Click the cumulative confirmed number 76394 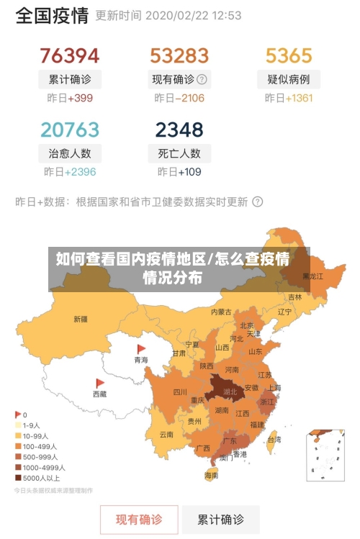(69, 55)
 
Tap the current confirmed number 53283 (179, 55)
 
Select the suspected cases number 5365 (289, 55)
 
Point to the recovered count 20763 (69, 130)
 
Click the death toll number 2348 (179, 130)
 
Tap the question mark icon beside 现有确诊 (202, 79)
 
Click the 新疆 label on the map (80, 319)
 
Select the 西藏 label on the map (99, 394)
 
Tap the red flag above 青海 (141, 348)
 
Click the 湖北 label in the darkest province (230, 392)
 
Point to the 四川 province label (180, 392)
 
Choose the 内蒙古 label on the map (221, 312)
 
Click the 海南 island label (211, 476)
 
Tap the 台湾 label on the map (274, 439)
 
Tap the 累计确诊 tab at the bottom (220, 519)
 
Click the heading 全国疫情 (52, 15)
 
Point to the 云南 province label (166, 435)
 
